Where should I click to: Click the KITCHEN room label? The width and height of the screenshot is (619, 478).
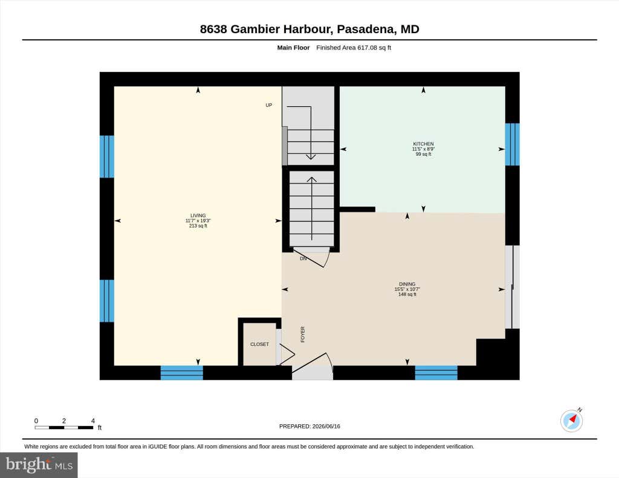click(423, 144)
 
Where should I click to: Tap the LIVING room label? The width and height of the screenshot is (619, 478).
click(198, 215)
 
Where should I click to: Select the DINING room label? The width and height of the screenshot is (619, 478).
click(407, 284)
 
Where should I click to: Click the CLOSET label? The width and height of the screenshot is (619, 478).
click(259, 344)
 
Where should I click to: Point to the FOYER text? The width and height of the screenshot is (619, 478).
click(303, 334)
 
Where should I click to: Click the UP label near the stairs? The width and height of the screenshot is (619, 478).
click(269, 105)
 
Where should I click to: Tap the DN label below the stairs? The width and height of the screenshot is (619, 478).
click(303, 258)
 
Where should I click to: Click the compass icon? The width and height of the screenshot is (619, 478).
click(571, 421)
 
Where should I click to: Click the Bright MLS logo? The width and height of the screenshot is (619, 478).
click(39, 465)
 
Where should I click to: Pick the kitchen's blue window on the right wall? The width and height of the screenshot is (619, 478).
click(513, 144)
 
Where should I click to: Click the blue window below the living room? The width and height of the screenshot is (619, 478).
click(181, 373)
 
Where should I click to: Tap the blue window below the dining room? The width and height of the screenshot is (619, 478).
click(436, 373)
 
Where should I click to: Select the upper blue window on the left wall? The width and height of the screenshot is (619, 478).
click(106, 156)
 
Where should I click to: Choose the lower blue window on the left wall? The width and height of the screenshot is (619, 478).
click(106, 301)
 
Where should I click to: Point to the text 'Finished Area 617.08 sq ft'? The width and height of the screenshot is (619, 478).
click(354, 48)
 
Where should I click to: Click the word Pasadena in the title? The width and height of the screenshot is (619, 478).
click(365, 29)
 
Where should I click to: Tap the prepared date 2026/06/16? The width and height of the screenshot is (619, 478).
click(326, 426)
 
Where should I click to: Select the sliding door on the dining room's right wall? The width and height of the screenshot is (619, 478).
click(513, 287)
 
